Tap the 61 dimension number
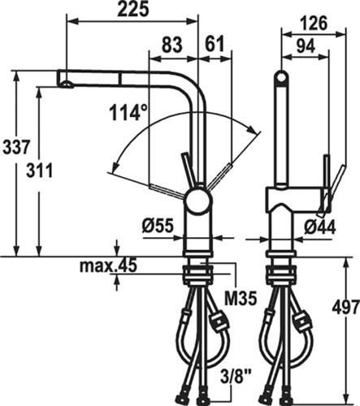[215, 44]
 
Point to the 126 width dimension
[314, 24]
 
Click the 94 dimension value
[306, 46]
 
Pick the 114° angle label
[128, 112]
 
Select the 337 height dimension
[15, 148]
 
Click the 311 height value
[39, 171]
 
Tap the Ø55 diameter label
[158, 227]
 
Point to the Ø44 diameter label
[319, 227]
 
